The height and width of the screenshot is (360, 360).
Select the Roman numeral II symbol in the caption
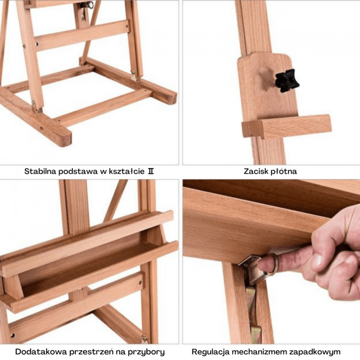(x=151, y=171)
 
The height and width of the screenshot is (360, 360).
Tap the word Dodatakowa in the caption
(x=41, y=352)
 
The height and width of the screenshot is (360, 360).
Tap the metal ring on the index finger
(x=273, y=264)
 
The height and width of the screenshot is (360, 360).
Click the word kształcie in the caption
(x=127, y=171)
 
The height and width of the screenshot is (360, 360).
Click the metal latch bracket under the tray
(x=252, y=269)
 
